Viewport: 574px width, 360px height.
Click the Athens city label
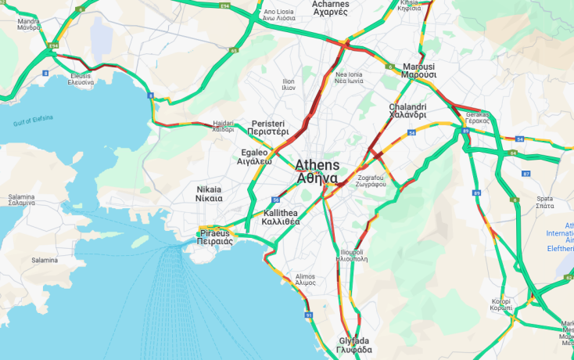click(317, 171)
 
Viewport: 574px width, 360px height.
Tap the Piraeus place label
click(214, 237)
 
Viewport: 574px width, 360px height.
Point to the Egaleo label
click(255, 157)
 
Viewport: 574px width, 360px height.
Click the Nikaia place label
click(209, 194)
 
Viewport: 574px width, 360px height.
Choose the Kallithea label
click(282, 217)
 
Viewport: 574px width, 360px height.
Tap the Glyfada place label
click(354, 345)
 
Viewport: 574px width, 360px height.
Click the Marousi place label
click(418, 70)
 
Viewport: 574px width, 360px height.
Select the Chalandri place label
click(407, 110)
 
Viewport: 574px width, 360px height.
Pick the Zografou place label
click(368, 181)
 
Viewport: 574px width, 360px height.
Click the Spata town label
click(545, 201)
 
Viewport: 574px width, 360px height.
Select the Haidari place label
click(223, 126)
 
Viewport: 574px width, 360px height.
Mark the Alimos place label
click(305, 279)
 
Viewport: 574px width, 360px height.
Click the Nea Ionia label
click(349, 77)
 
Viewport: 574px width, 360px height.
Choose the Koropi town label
click(501, 304)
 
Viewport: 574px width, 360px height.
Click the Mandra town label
click(28, 23)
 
